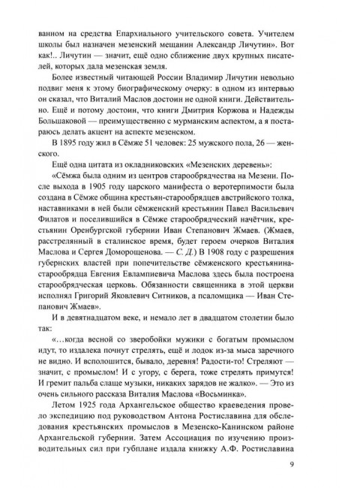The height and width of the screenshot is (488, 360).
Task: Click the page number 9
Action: (291, 463)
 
